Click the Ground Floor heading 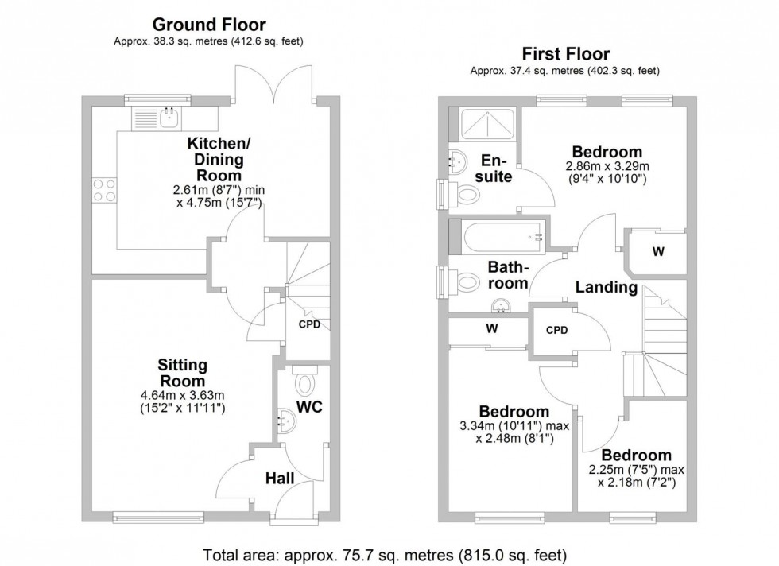pos(208,25)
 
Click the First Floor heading pos(565,54)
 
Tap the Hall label pos(280,478)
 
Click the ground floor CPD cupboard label pos(309,324)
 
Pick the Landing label pos(607,287)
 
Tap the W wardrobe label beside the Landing pos(657,252)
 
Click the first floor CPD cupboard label pos(556,330)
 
